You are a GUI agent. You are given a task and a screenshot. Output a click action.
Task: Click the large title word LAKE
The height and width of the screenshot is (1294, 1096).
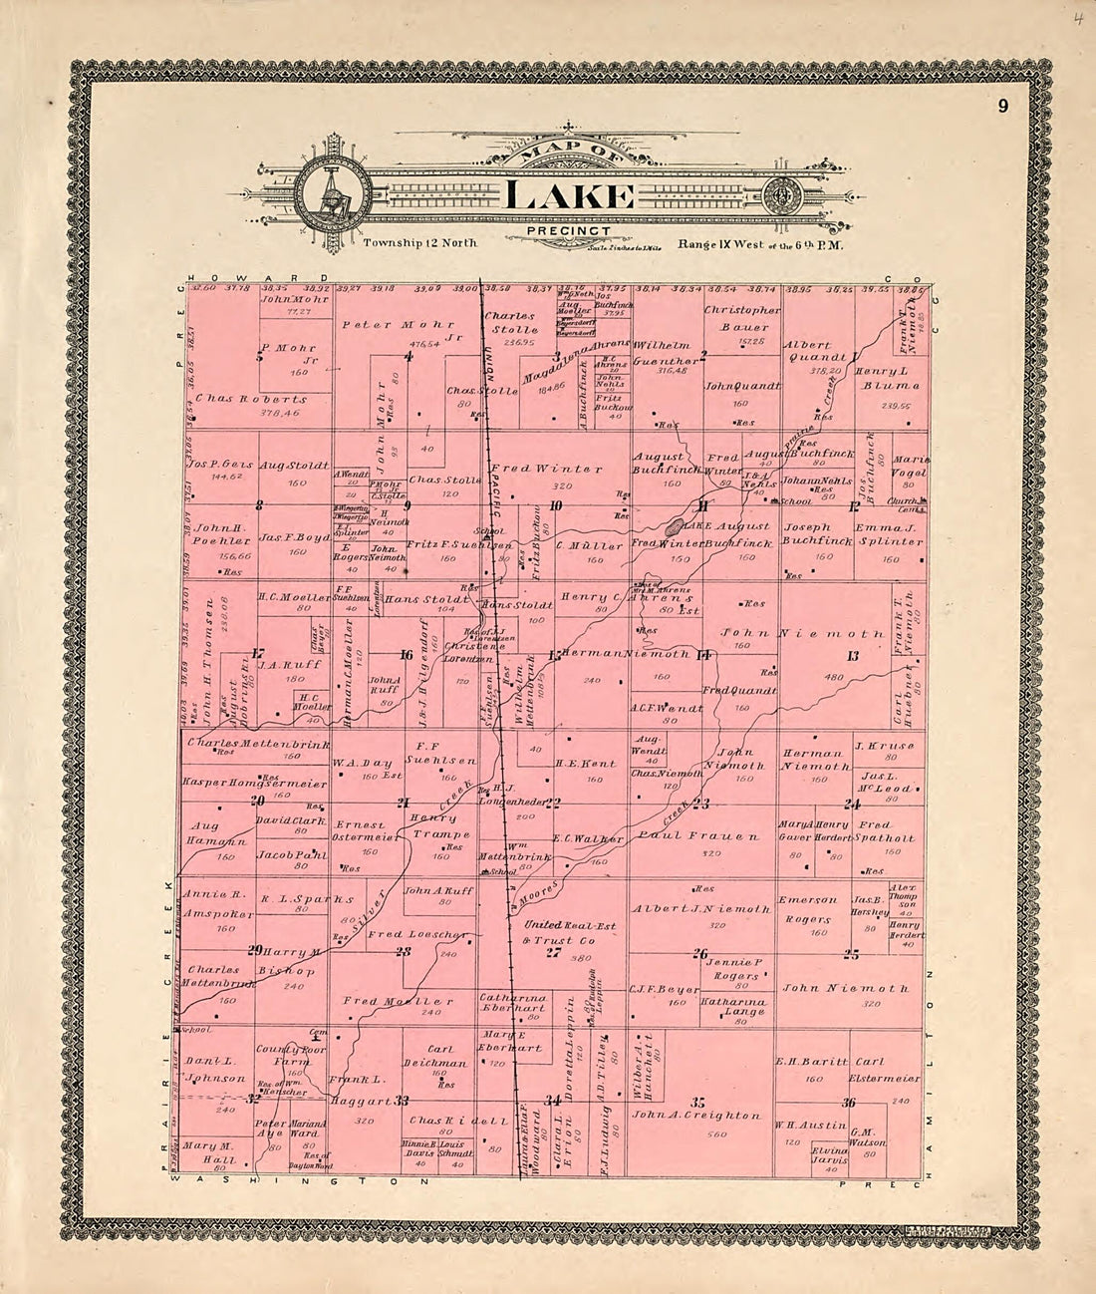pyautogui.click(x=569, y=196)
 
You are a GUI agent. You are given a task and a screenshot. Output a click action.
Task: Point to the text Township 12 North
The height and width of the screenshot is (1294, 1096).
pyautogui.click(x=421, y=243)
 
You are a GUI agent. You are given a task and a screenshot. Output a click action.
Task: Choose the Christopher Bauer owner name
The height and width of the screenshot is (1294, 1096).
pyautogui.click(x=741, y=318)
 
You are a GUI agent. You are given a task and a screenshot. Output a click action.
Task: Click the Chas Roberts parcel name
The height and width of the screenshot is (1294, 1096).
pyautogui.click(x=251, y=399)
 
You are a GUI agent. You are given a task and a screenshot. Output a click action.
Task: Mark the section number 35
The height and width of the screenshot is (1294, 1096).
pyautogui.click(x=697, y=1101)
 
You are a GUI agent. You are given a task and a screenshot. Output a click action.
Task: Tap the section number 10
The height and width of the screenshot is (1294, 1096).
pyautogui.click(x=555, y=505)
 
